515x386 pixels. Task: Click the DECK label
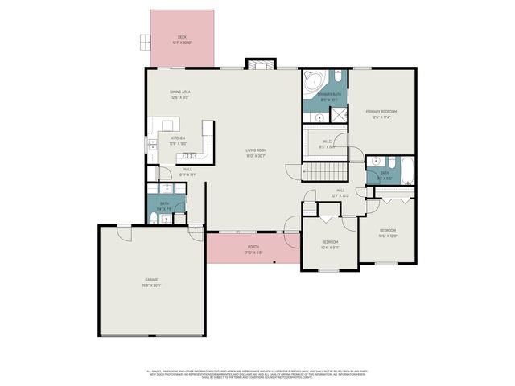[x=182, y=36]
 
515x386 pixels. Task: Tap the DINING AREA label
[x=180, y=93]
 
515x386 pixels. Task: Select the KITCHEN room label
[x=178, y=138]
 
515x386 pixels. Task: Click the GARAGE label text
[x=151, y=281]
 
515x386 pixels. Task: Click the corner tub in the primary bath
[x=314, y=81]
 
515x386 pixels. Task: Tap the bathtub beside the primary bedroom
[x=406, y=171]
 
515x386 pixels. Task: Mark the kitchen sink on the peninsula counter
[x=190, y=155]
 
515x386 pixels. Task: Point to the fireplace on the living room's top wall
[x=259, y=66]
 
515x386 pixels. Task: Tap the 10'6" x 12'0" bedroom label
[x=388, y=233]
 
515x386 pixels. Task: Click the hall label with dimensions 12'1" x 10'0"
[x=340, y=192]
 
